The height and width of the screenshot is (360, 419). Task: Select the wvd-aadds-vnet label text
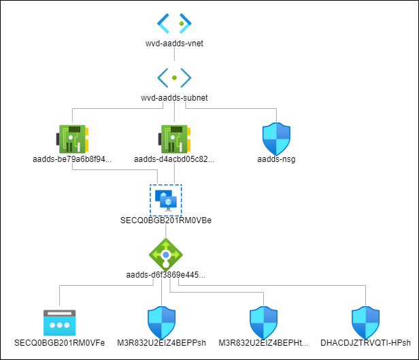coord(175,44)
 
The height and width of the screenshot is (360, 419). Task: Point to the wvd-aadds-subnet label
coord(175,97)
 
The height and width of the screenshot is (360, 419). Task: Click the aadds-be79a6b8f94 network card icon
coord(72,138)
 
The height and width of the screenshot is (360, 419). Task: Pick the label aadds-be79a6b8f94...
coord(72,160)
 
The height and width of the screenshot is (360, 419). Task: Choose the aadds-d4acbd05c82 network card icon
coord(175,138)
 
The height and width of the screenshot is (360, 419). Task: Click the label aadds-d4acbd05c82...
coord(175,160)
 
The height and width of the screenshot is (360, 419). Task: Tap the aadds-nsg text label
coord(277,160)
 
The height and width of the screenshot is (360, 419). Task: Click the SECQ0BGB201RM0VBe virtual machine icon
coord(165,199)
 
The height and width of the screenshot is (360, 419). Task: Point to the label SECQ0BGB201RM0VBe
coord(166,221)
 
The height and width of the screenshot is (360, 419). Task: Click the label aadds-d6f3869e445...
coord(166,275)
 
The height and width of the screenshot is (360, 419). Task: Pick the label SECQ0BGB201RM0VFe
coord(59,343)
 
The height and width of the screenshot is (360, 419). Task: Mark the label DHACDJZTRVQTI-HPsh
coord(366,343)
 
